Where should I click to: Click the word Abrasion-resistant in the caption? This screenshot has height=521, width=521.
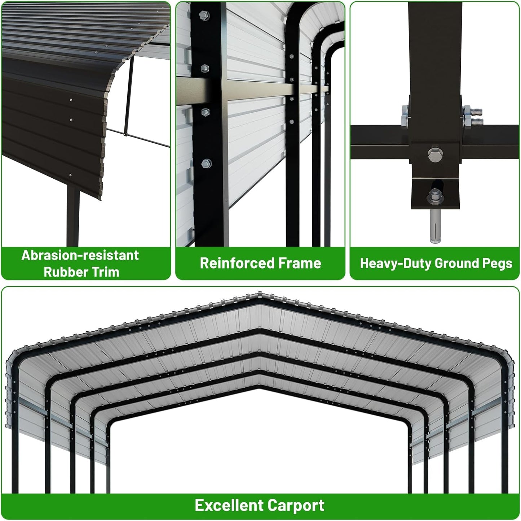coord(80,255)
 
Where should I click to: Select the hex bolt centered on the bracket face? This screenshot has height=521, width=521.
coord(434,155)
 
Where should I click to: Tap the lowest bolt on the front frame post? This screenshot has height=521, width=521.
coord(206,164)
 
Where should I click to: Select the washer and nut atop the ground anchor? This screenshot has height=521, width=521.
coord(433,197)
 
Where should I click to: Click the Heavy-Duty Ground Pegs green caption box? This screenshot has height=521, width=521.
coord(435,264)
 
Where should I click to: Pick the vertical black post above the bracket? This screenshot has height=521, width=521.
coord(435,47)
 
